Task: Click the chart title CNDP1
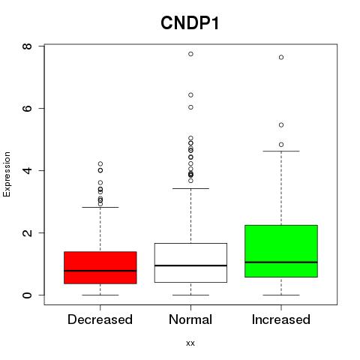coord(190,23)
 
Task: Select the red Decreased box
coord(100,268)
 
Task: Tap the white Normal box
coord(190,262)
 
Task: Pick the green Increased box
coord(281,251)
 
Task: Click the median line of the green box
coord(281,262)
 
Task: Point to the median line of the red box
coord(100,271)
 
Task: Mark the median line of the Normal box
coord(190,265)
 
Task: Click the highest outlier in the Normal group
coord(190,54)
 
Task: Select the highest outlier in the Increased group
coord(281,57)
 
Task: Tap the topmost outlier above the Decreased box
coord(100,163)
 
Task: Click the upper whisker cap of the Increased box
coord(281,151)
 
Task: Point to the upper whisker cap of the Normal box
coord(190,188)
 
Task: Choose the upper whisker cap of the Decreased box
coord(100,207)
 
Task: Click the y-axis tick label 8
coord(27,46)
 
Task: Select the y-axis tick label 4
coord(27,170)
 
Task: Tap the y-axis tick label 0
coord(27,295)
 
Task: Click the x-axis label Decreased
coord(100,319)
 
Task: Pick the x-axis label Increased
coord(281,319)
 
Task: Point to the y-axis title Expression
coord(7,174)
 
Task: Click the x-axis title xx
coord(190,343)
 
